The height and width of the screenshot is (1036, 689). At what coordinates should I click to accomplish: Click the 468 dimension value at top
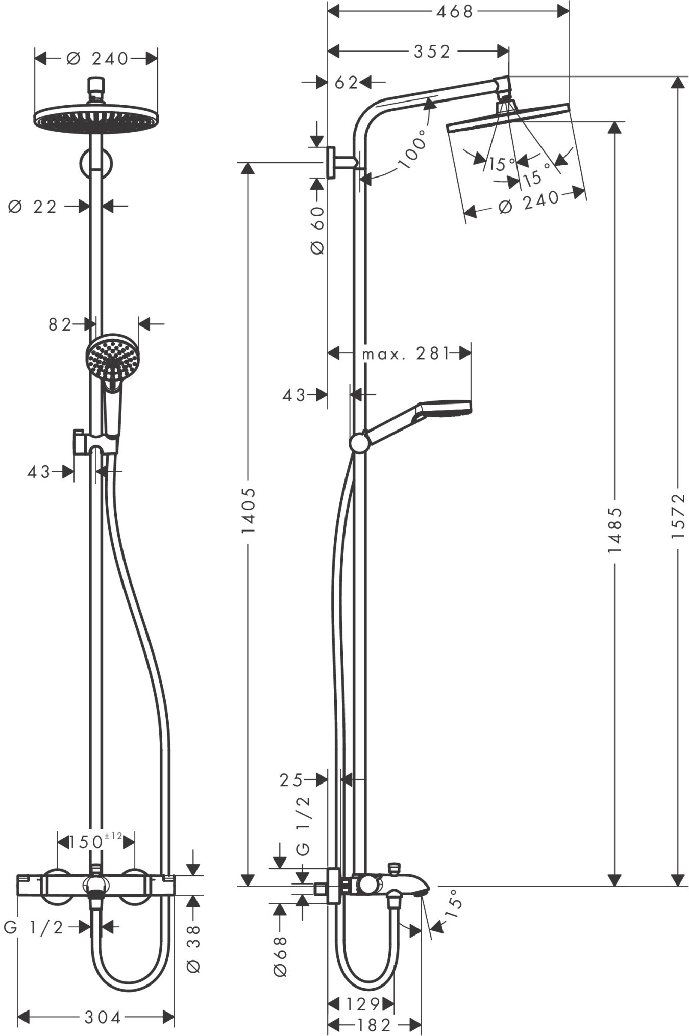455,11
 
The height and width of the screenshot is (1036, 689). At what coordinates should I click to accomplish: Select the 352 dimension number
432,52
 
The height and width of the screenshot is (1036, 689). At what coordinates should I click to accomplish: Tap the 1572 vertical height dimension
677,516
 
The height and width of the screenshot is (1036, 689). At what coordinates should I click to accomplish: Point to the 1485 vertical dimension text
615,530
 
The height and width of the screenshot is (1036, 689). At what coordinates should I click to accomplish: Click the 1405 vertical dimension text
248,511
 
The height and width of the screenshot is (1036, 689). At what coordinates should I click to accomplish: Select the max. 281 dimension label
406,353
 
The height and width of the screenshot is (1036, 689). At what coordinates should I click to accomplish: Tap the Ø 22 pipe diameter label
33,207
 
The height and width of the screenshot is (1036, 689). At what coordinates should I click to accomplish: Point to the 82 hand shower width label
60,324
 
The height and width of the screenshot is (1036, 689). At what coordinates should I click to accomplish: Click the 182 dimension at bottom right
374,1024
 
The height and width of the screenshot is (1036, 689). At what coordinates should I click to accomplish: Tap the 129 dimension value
363,1004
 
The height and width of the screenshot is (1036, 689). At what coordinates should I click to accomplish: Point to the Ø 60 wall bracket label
317,231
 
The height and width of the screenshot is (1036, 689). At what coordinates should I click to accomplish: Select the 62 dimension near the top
347,83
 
